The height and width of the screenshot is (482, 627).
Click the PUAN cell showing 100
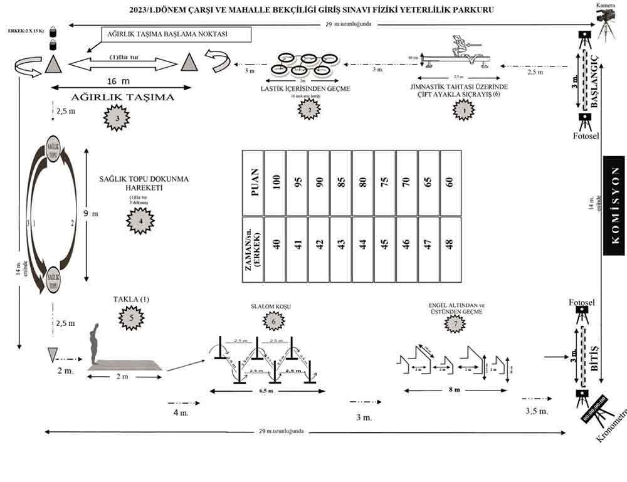pos(275,182)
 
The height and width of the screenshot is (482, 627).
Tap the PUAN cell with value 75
pos(384,182)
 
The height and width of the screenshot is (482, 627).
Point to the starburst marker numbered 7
pos(456,323)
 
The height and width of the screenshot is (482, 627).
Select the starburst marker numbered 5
pos(131,318)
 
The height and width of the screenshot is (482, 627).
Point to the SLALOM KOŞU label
pos(271,306)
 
